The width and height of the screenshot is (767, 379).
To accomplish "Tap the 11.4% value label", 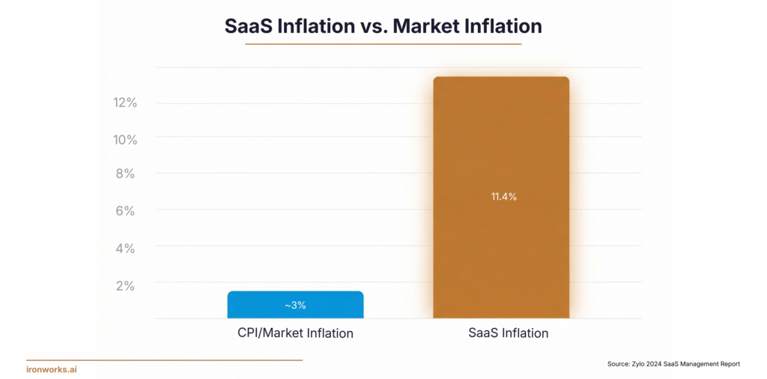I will [x=504, y=197].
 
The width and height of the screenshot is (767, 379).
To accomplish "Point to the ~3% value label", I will [x=294, y=306].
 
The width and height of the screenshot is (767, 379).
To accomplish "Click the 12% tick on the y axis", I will [x=125, y=103].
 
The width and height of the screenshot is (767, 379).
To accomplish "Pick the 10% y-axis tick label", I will [x=125, y=139].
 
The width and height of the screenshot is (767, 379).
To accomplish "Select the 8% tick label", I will [x=125, y=174].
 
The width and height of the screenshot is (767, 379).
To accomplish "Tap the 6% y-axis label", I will [x=125, y=211].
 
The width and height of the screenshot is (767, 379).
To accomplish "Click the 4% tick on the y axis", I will [x=125, y=247].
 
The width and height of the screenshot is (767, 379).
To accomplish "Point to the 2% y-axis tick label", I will [x=125, y=285].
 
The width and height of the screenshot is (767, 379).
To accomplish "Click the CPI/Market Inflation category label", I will [x=290, y=333].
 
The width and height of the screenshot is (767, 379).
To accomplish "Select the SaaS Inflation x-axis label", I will [x=503, y=333].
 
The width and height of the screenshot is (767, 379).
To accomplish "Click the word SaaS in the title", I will [x=251, y=25].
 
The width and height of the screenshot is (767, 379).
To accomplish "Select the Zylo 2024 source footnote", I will [x=673, y=364].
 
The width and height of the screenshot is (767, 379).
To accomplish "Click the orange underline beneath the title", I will [x=383, y=44].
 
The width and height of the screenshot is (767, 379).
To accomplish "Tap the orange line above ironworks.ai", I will [x=164, y=360].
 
